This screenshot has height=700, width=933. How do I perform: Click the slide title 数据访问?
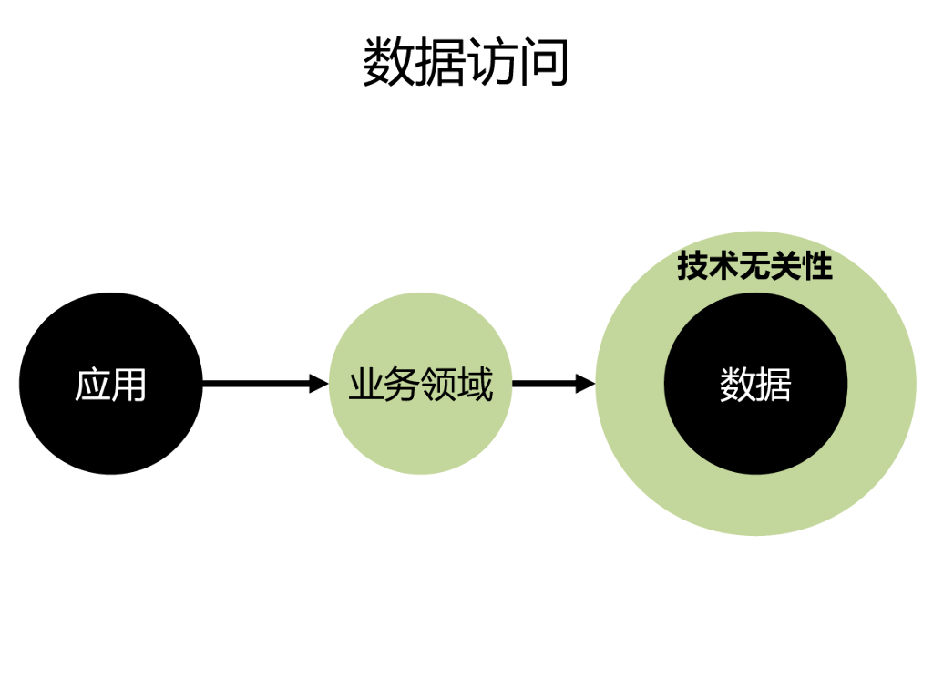coord(466,63)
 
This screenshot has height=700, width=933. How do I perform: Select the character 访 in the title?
coord(492,63)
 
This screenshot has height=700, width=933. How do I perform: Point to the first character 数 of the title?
coord(388,63)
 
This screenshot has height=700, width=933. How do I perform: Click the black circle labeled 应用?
coord(110,428)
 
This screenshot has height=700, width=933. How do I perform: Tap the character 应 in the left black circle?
coord(92,385)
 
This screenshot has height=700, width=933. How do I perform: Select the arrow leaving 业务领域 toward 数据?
coord(547,384)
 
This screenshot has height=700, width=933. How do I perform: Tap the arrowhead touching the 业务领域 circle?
coord(319,384)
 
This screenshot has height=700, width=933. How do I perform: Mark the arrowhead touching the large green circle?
coord(585,384)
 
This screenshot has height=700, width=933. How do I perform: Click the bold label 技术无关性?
coord(754,267)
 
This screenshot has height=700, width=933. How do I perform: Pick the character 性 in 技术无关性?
coord(816,267)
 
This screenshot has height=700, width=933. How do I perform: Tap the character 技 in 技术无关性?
coord(693,267)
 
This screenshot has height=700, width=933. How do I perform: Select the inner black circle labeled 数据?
coord(755,428)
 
